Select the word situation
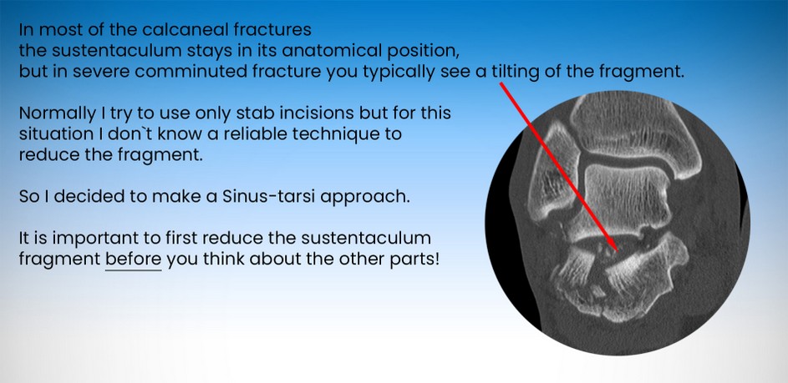point(53,134)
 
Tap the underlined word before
point(133,260)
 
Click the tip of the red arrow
point(617,249)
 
